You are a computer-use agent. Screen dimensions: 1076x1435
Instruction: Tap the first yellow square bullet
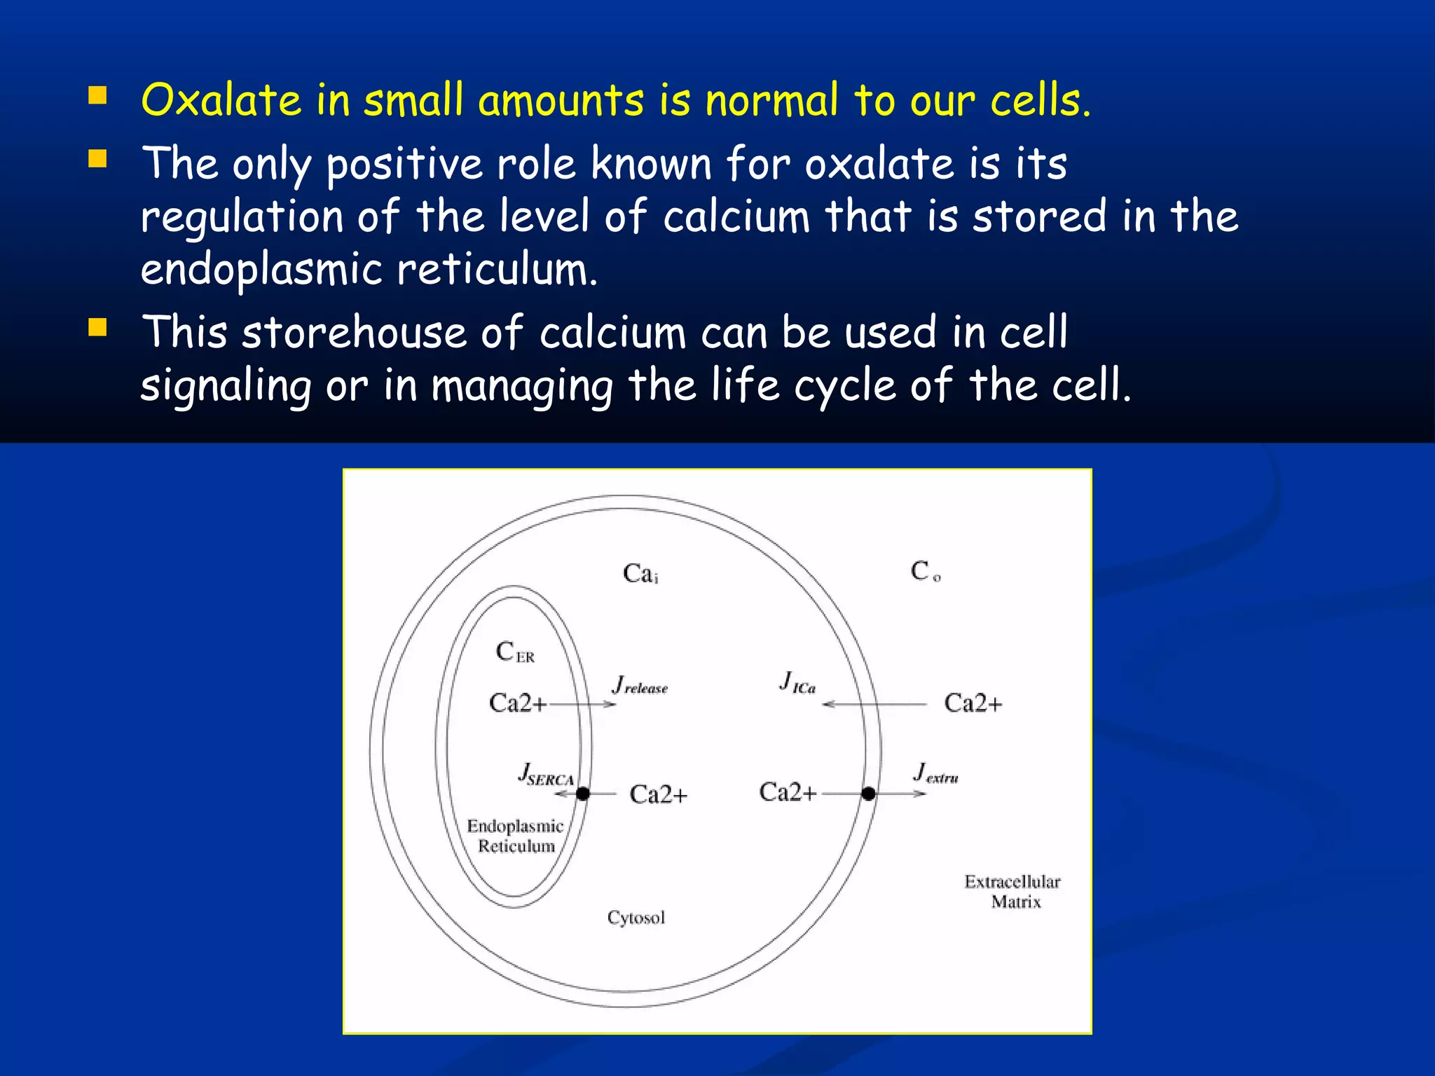(97, 95)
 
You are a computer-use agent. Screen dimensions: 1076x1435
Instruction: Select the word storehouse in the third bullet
(354, 332)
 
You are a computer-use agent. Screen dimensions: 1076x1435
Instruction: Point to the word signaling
(226, 386)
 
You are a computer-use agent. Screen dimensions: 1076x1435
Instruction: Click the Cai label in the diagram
(640, 574)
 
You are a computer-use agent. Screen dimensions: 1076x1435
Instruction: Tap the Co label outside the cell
(925, 572)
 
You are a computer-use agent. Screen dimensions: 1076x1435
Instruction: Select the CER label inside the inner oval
(515, 652)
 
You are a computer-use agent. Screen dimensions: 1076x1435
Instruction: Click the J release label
(640, 685)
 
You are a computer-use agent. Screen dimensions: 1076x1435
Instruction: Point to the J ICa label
(797, 682)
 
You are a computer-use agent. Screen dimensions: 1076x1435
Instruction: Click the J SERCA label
(546, 775)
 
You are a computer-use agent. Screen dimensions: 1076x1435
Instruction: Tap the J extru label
(935, 773)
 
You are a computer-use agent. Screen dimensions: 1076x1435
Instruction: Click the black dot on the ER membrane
(583, 794)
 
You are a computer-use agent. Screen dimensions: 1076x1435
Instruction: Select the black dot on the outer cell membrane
(868, 794)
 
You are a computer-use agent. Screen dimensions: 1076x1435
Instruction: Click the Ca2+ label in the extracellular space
(973, 703)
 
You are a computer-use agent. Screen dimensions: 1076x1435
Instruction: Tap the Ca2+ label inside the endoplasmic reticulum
(517, 703)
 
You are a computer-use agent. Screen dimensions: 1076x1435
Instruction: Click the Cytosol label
(636, 918)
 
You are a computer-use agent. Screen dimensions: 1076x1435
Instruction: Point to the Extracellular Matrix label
(1012, 892)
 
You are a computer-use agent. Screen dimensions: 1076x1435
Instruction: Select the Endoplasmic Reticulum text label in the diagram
(515, 836)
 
